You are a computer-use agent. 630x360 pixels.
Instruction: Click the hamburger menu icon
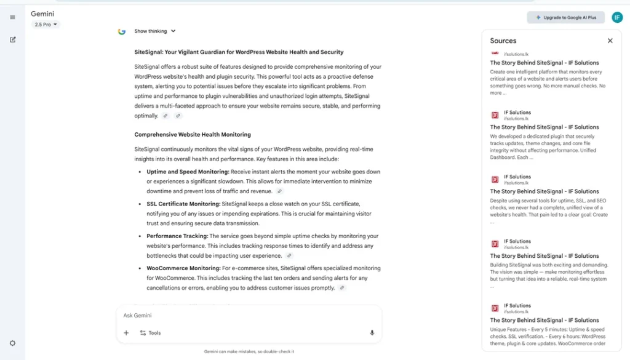click(12, 17)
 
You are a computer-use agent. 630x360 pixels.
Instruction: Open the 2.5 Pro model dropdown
click(46, 25)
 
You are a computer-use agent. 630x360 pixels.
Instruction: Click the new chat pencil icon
click(13, 39)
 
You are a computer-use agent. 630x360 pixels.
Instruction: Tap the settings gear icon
click(12, 343)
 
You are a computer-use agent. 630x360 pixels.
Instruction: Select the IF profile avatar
click(616, 18)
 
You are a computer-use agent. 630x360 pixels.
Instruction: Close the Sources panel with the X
click(610, 41)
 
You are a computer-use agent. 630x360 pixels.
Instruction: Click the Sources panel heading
click(503, 41)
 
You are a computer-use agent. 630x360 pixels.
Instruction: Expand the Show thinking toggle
click(154, 31)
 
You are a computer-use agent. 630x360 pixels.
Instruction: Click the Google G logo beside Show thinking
click(122, 31)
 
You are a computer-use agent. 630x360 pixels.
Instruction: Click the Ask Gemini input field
click(246, 315)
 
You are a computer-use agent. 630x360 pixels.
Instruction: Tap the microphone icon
click(372, 333)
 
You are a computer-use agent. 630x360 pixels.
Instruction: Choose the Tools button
click(150, 333)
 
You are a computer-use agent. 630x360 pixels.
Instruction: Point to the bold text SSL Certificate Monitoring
click(183, 204)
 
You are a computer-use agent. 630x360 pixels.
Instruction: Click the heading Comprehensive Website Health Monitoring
click(193, 134)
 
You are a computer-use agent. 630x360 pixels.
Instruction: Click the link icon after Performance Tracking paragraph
click(289, 255)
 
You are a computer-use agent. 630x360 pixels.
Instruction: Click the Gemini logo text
click(42, 14)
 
